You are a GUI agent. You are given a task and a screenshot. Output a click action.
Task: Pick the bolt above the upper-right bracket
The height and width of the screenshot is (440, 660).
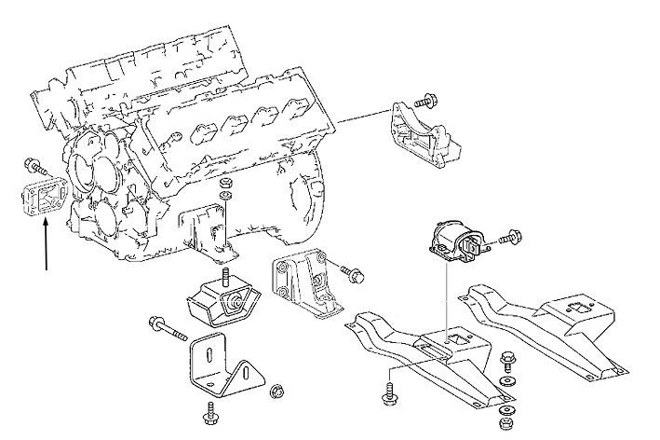coord(424,96)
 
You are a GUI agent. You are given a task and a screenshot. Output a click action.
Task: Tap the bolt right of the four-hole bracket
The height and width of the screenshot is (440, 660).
coord(353,274)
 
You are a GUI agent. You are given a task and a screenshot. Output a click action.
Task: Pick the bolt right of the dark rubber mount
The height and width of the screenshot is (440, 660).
coord(508,241)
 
